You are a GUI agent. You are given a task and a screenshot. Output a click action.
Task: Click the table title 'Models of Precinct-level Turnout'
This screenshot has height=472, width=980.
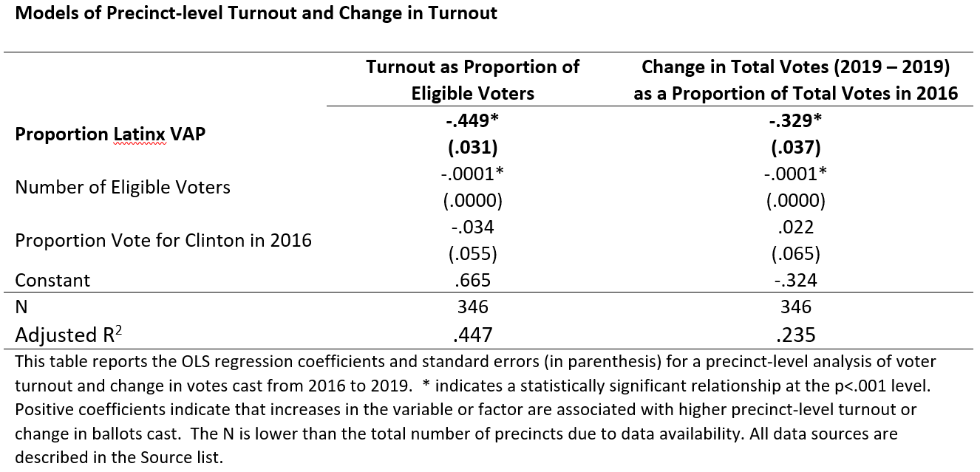(256, 13)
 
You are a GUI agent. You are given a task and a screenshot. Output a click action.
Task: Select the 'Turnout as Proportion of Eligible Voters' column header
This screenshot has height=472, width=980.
(472, 80)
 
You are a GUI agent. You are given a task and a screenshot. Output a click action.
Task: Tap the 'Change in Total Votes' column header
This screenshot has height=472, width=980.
(795, 80)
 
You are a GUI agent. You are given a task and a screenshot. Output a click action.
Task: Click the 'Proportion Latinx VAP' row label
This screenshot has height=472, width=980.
(110, 134)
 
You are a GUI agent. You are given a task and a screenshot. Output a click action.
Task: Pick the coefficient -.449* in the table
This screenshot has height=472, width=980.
(472, 120)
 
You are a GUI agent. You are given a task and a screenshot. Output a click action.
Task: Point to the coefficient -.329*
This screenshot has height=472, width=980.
(795, 120)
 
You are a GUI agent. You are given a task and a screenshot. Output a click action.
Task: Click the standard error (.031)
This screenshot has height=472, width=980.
(472, 147)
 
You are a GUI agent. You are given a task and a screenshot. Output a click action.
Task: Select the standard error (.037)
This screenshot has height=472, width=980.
(795, 147)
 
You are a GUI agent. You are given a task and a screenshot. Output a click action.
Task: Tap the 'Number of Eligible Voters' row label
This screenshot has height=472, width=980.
(123, 187)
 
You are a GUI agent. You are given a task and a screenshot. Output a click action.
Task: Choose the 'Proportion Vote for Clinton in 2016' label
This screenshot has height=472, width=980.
(163, 240)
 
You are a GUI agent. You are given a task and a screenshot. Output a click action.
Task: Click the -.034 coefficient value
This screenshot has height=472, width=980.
(472, 227)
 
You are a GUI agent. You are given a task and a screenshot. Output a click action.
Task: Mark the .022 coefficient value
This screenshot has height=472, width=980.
(795, 227)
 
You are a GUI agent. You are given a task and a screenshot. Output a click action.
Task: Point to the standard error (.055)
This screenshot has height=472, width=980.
(472, 253)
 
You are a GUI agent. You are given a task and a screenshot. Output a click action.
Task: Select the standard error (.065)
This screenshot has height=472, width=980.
(795, 253)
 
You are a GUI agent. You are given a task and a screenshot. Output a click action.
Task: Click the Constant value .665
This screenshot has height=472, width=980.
(472, 280)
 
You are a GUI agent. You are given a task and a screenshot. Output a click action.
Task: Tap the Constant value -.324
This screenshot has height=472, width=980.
(795, 280)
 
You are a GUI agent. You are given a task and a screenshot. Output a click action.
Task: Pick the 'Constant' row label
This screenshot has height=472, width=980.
(52, 280)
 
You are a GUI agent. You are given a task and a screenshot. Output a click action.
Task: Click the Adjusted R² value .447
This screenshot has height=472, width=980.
(472, 335)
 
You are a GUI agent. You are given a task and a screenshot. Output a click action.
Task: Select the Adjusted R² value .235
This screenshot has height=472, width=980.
(795, 335)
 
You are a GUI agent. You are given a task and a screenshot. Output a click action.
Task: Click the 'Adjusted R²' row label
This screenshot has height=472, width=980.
(68, 335)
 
